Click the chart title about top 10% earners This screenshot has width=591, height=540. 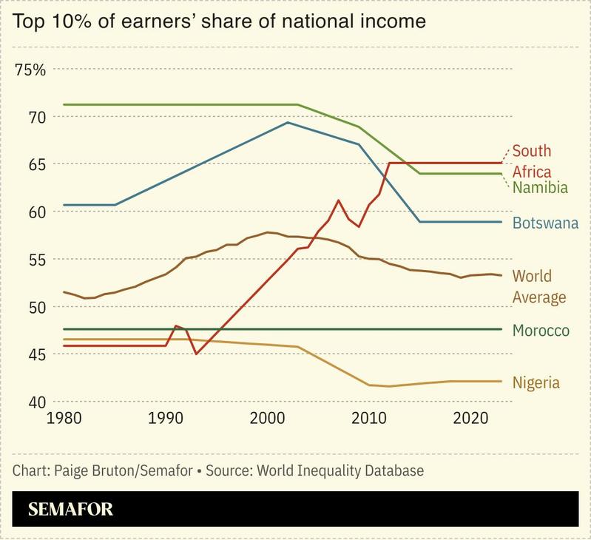coord(219,21)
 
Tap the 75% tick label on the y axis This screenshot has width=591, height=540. coord(31,70)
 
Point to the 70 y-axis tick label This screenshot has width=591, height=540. coord(37,117)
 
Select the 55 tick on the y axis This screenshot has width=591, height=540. coord(37,260)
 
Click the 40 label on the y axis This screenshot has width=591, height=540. coord(37,402)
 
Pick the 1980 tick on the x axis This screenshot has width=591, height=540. coord(65,419)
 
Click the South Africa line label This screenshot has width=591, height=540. coord(531,161)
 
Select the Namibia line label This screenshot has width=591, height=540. coord(540,188)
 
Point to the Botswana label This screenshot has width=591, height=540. coord(544,223)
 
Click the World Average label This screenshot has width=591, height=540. coord(538,286)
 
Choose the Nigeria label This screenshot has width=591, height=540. coord(536,382)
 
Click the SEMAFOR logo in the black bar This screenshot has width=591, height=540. coord(71,509)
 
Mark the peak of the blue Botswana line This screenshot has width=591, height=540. coord(288,122)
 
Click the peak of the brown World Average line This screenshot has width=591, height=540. coord(268,232)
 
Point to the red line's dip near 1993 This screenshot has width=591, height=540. coord(196,354)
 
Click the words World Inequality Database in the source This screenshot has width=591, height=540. coord(346,470)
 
